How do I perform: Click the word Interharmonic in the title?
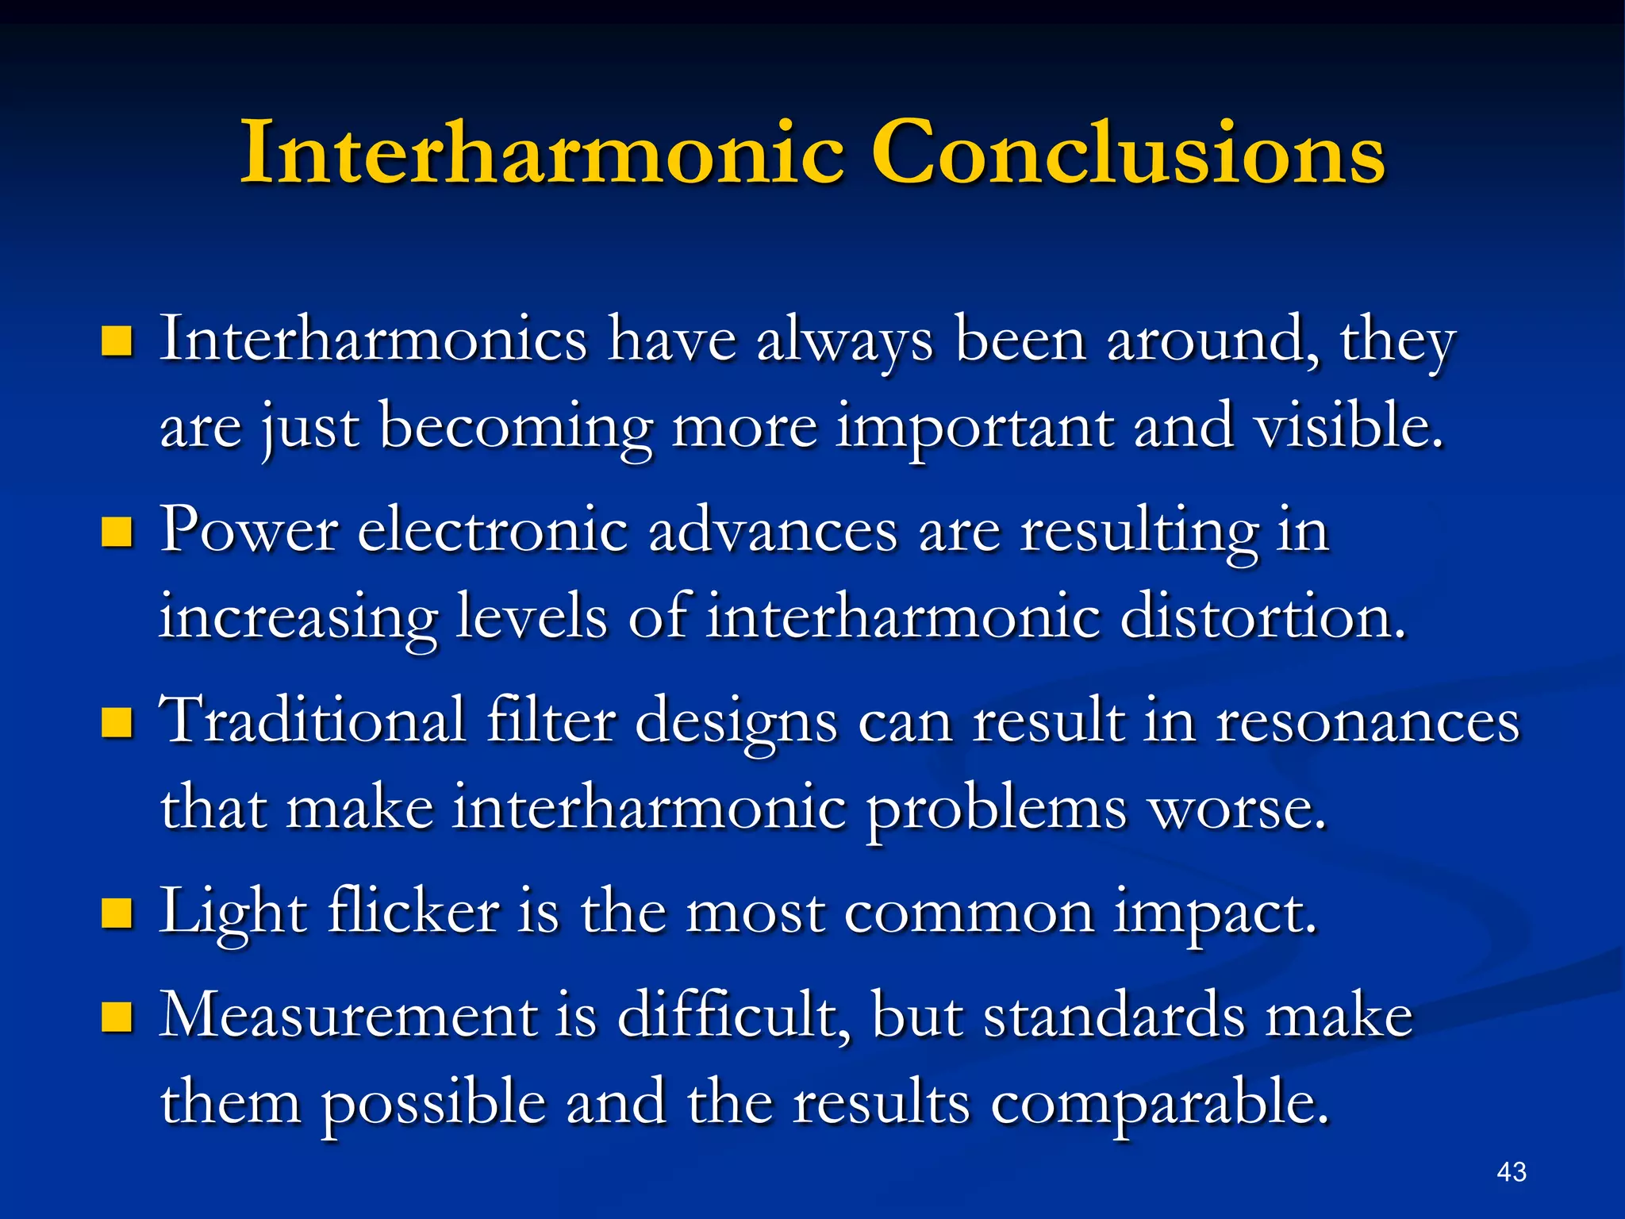click(543, 152)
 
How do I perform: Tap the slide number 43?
click(1512, 1172)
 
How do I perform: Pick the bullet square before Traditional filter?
click(117, 722)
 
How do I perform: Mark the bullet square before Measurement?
click(117, 1017)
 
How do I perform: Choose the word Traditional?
click(313, 721)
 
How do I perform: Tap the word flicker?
click(413, 911)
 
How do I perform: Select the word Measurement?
click(348, 1015)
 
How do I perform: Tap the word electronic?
click(493, 530)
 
